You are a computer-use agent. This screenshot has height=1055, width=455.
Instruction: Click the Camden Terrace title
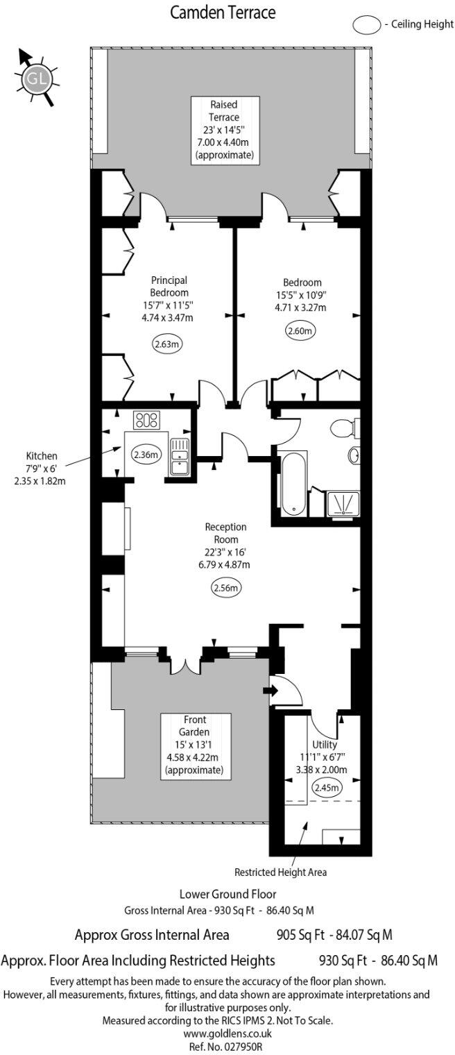227,12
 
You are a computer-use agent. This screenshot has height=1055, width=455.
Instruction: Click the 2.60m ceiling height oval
300,331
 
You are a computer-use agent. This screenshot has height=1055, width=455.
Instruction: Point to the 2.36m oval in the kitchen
145,455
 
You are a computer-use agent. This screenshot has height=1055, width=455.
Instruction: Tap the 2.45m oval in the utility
326,787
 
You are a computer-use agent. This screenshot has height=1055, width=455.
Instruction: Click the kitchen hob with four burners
146,419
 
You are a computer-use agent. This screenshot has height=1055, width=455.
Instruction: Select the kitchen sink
179,457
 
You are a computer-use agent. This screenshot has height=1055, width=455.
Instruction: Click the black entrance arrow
271,691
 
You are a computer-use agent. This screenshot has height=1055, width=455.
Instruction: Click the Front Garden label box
195,745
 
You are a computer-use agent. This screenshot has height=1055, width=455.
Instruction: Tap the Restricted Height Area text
280,872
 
